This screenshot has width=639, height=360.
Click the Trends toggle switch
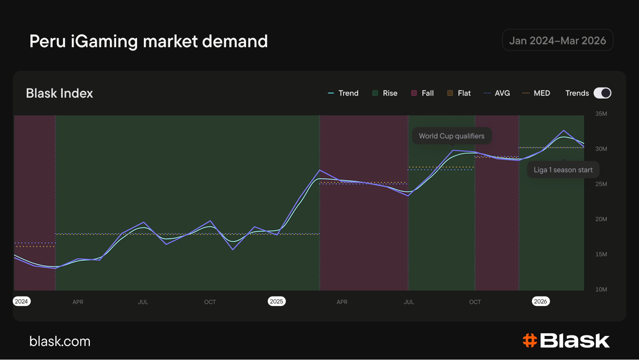point(602,93)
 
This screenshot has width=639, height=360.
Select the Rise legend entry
point(385,93)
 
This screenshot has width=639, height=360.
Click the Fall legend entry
point(422,93)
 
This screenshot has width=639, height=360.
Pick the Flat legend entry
point(459,93)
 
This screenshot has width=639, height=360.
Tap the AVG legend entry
point(496,93)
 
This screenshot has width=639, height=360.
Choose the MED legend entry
point(536,93)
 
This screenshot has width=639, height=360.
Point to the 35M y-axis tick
point(601,113)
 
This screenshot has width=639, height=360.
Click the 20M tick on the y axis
point(601,219)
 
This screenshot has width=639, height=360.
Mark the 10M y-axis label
point(601,289)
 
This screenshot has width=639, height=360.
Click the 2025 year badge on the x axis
point(276,301)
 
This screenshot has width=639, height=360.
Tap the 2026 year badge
point(541,301)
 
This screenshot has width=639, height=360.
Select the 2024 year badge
point(21,301)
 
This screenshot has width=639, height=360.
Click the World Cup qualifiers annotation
point(452,136)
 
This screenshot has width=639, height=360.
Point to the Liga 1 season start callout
point(563,170)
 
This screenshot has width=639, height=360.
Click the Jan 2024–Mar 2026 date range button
point(557,40)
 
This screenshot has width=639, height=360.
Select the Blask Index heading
point(59,93)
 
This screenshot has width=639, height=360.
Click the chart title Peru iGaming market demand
point(148,41)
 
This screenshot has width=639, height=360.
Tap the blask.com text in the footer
point(60,341)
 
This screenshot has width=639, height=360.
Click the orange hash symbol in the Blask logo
point(530,340)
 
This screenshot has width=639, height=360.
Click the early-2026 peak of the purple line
point(563,130)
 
